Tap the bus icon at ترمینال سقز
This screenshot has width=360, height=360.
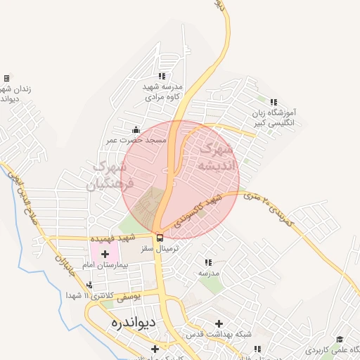(x=160, y=238)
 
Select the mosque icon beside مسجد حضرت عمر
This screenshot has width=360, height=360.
(x=136, y=130)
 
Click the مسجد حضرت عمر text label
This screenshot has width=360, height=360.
(x=146, y=141)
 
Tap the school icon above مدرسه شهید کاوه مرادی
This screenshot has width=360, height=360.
(x=162, y=76)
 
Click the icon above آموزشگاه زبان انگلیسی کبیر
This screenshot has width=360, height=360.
(x=274, y=102)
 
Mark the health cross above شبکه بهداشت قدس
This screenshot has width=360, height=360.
(x=219, y=323)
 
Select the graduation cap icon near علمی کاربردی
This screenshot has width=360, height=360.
(x=340, y=339)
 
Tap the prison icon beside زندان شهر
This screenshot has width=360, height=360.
(x=6, y=77)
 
